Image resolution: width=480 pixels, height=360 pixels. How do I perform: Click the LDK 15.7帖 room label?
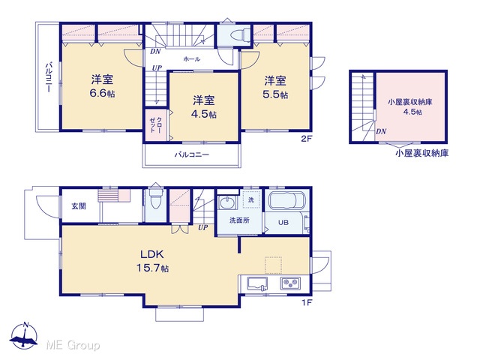152,261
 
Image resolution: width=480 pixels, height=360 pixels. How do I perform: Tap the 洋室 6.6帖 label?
102,86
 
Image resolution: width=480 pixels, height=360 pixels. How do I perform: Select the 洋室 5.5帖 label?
275,87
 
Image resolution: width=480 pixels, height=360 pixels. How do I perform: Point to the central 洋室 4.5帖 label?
203,106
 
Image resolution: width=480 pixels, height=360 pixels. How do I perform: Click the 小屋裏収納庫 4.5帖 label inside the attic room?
410,106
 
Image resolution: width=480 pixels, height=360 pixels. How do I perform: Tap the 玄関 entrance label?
79,206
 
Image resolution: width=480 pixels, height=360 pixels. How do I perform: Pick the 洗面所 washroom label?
239,220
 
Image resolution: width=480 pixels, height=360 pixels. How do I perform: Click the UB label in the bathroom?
283,223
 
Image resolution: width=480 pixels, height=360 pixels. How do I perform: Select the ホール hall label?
192,58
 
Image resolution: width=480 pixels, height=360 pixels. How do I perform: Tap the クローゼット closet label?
156,124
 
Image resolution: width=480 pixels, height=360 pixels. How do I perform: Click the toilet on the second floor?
239,36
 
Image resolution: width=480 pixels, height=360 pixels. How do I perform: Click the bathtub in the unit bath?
286,200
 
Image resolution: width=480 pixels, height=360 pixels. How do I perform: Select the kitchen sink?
257,283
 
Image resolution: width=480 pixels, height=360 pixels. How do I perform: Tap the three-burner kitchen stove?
290,283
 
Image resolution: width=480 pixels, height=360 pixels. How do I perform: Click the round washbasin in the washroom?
227,202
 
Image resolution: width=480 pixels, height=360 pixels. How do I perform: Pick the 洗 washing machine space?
251,199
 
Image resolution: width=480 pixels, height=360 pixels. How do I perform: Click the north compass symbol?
23,336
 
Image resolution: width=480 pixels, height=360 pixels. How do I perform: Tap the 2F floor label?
307,139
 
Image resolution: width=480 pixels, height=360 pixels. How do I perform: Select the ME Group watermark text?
73,345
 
